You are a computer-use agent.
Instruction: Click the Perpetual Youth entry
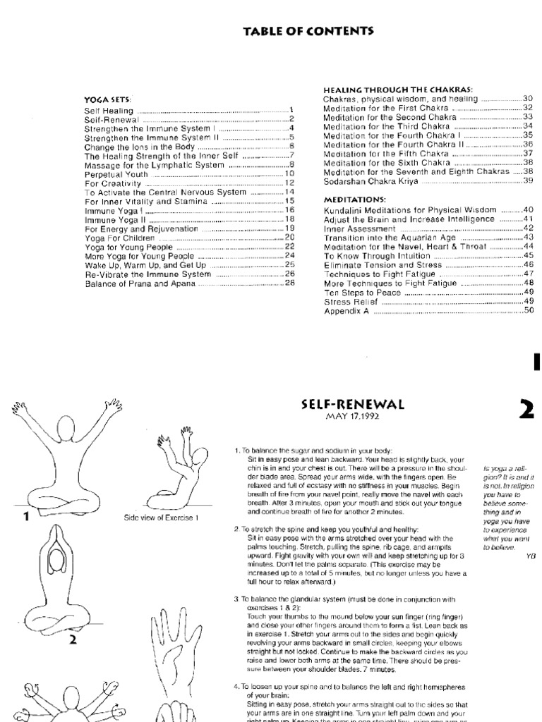coord(114,173)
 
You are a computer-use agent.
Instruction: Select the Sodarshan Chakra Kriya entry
coord(371,181)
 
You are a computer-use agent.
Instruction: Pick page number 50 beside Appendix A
coord(528,310)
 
